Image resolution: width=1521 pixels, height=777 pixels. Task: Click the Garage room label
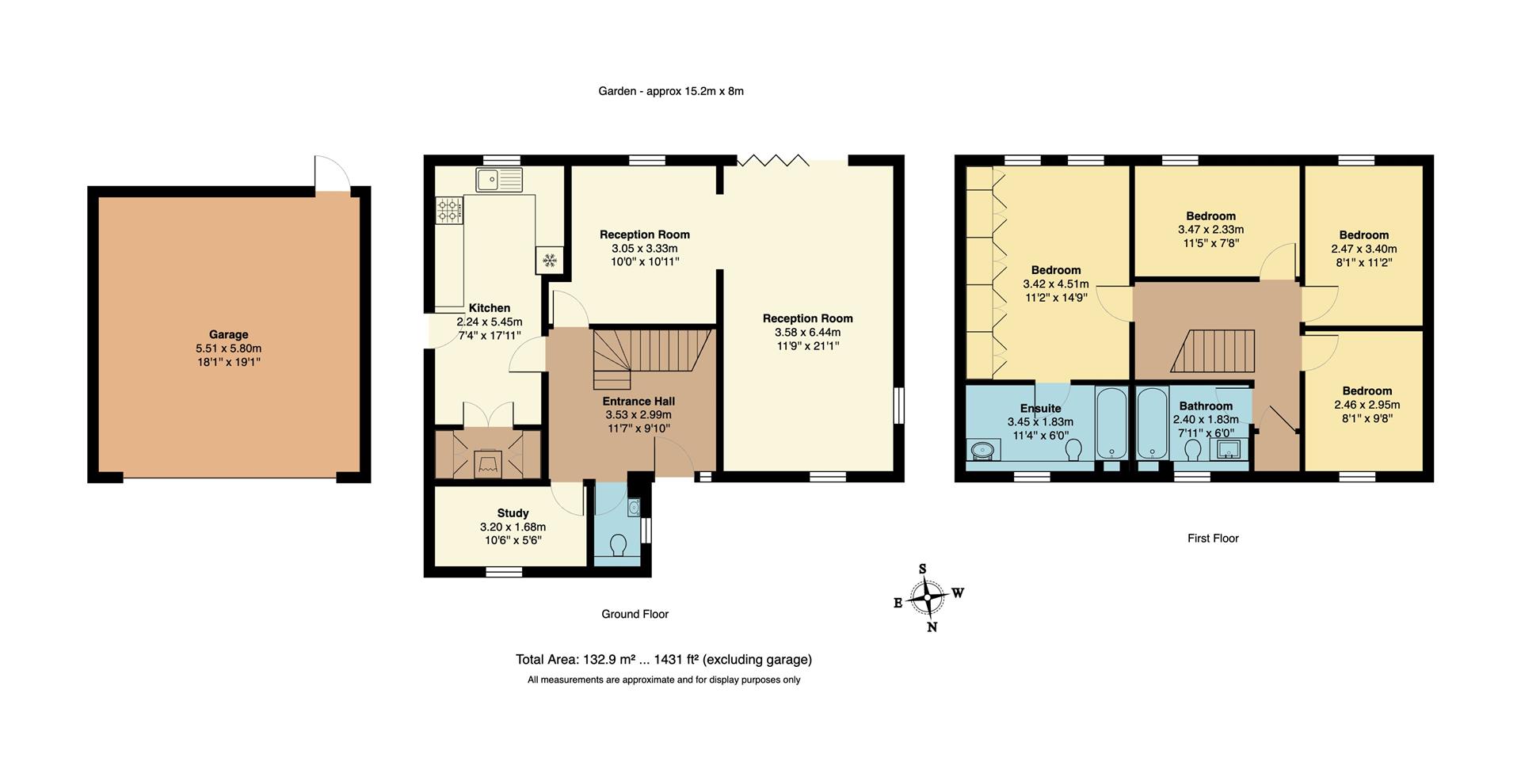click(x=228, y=334)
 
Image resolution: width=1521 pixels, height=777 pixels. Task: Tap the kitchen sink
click(x=499, y=180)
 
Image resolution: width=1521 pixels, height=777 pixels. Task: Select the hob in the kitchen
click(x=448, y=211)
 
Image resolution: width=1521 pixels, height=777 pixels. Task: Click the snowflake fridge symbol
click(x=549, y=260)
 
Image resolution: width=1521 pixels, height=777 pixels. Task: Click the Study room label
click(x=513, y=513)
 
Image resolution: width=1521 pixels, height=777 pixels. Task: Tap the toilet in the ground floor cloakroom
click(x=619, y=545)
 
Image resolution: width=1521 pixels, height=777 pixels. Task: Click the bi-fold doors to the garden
click(x=772, y=161)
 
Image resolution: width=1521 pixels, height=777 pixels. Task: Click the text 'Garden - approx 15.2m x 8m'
click(x=670, y=91)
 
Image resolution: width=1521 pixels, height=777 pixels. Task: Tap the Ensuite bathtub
click(x=1114, y=423)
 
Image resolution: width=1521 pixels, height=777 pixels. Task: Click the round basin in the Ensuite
click(x=983, y=451)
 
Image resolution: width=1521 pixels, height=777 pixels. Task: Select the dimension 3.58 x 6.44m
click(x=807, y=332)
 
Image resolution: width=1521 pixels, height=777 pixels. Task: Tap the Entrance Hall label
click(x=639, y=402)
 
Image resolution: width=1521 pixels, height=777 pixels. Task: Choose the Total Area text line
click(x=663, y=659)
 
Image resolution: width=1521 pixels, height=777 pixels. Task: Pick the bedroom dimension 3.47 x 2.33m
click(x=1210, y=230)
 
